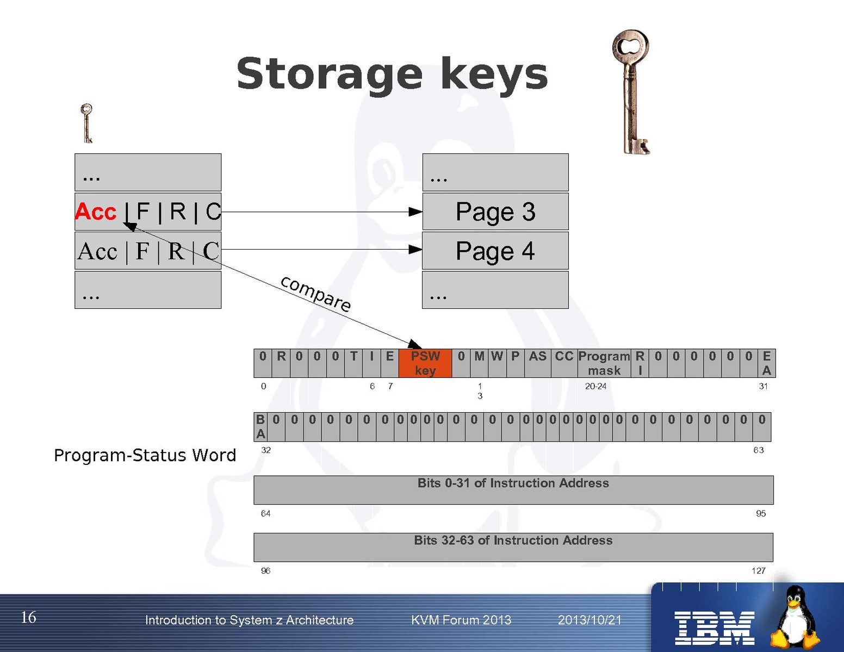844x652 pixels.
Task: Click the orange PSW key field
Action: coord(425,363)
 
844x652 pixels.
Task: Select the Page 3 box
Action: coord(495,212)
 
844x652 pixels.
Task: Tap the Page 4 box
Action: coord(495,251)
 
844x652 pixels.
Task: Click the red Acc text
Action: coord(96,212)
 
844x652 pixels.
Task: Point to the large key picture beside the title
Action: coord(631,92)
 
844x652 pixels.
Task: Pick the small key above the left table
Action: coord(86,123)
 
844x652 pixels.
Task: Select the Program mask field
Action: coord(604,363)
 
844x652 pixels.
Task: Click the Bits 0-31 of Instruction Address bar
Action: coord(513,489)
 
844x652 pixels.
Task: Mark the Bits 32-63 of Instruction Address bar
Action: coord(513,547)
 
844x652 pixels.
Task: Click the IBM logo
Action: coord(714,628)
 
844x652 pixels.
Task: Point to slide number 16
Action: coord(28,617)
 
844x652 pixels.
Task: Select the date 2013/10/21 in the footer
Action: coord(589,620)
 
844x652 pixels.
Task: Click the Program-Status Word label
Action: coord(145,455)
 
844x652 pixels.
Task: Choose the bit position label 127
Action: coord(758,570)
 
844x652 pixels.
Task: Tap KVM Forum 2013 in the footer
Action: coord(461,620)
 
